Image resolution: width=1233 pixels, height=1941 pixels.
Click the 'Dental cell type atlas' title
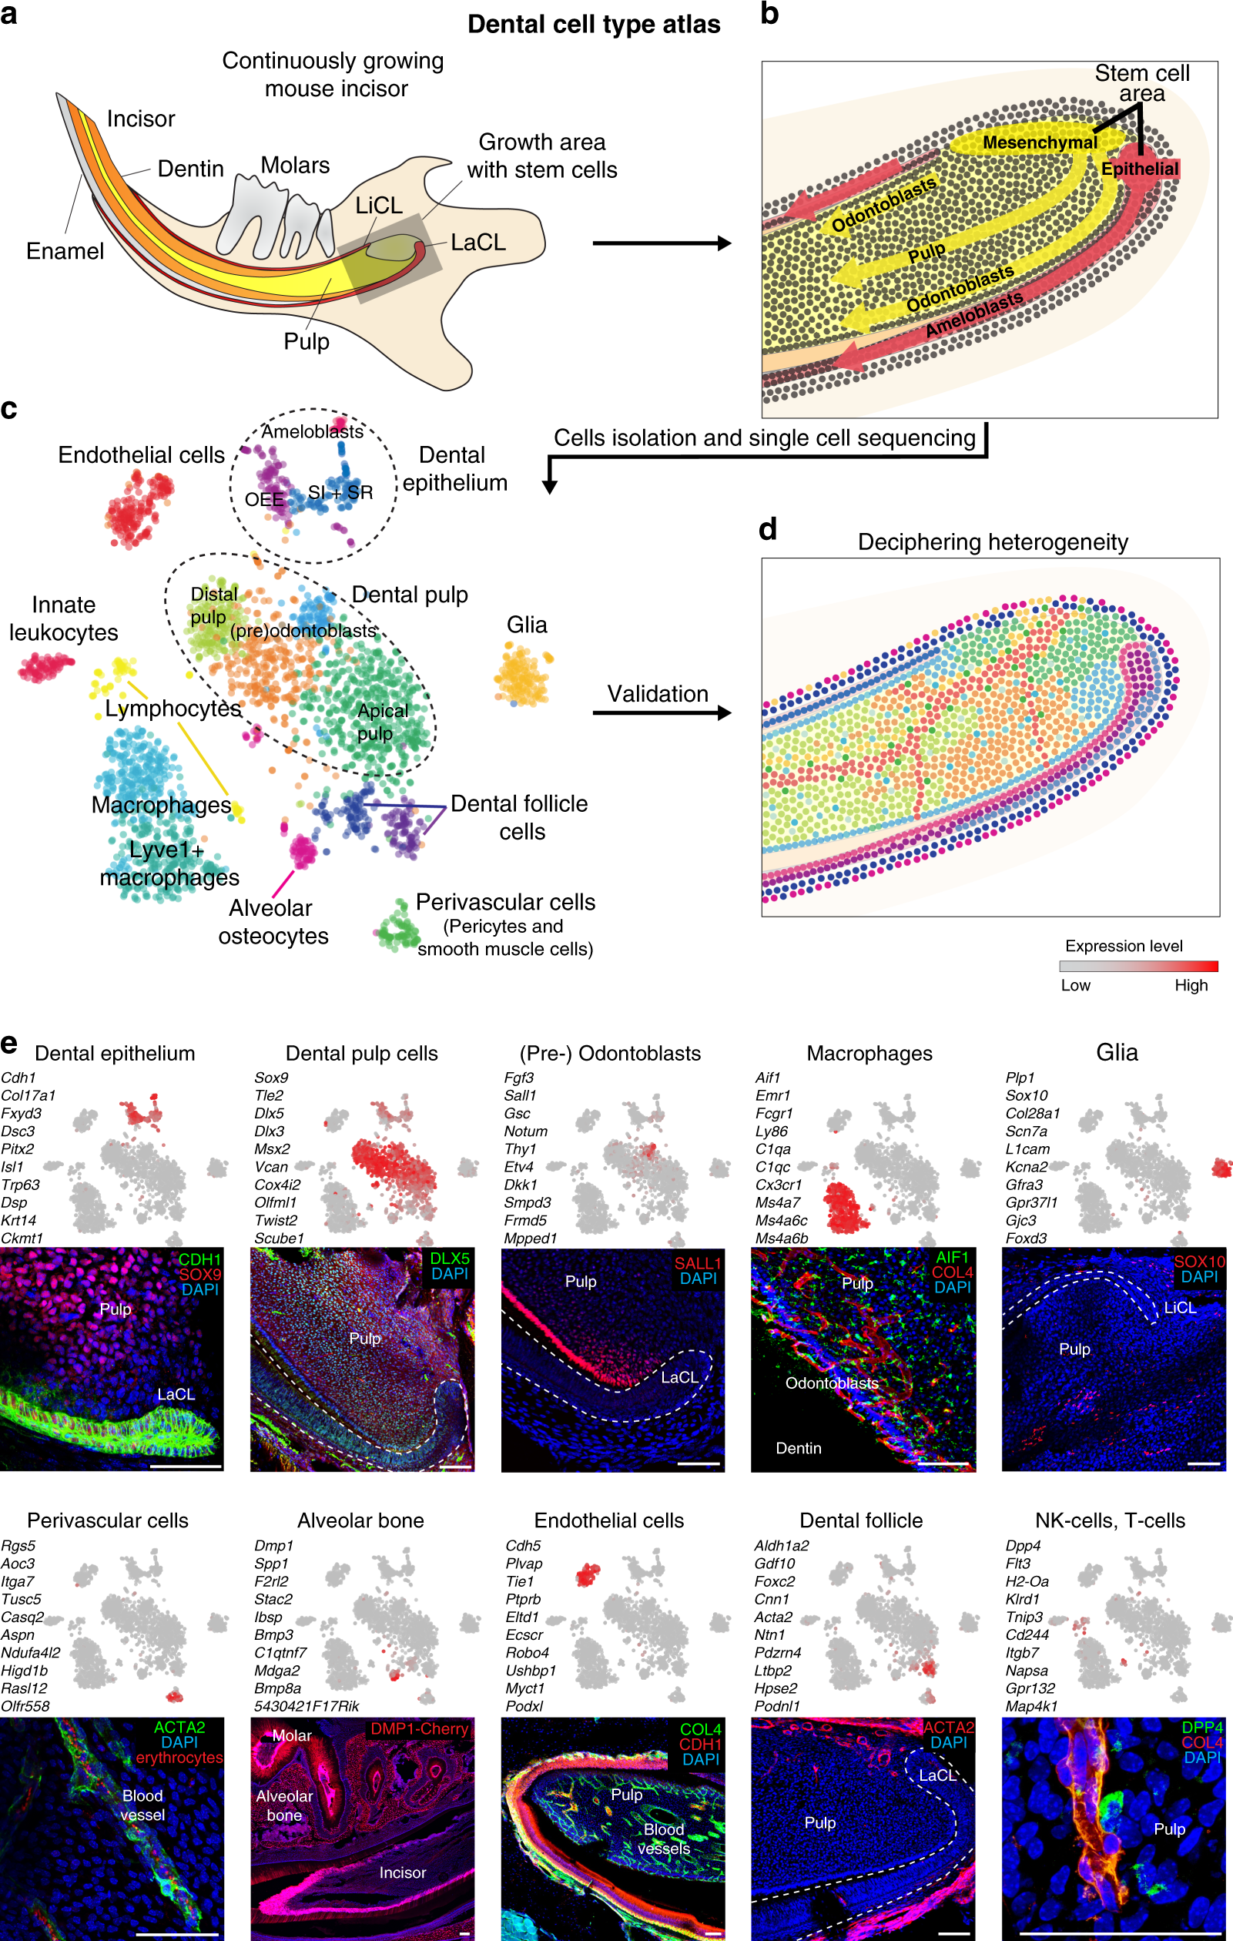594,24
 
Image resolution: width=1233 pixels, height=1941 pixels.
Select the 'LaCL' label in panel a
478,242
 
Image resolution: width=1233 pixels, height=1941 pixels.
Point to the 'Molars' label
295,166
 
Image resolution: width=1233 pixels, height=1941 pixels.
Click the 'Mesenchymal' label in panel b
1040,142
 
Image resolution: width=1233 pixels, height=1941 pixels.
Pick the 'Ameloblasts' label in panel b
973,313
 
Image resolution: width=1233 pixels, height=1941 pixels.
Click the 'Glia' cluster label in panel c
526,625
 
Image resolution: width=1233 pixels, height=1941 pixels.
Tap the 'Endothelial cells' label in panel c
141,454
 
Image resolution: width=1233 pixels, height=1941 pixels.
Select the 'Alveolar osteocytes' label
273,921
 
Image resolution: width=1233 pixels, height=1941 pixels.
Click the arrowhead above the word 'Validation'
724,712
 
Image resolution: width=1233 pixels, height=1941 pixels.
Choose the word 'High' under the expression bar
1191,985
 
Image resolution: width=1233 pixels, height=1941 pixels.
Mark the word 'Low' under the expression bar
1075,985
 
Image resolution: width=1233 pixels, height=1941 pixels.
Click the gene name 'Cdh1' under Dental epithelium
18,1078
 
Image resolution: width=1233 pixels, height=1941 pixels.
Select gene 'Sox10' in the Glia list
1026,1095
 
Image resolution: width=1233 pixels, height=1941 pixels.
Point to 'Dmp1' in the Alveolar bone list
273,1545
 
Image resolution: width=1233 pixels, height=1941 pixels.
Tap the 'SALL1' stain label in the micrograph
697,1263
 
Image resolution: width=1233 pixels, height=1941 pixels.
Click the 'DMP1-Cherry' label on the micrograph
419,1728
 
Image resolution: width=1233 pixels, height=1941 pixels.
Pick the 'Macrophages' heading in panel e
869,1053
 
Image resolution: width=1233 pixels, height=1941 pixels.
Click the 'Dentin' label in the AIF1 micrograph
798,1448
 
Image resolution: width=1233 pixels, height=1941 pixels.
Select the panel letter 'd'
768,530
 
